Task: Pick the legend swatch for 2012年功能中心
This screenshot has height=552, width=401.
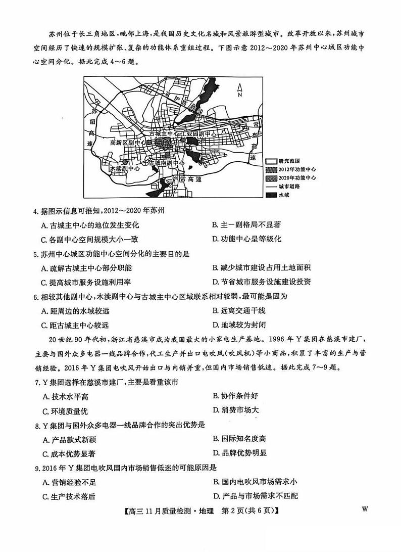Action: (x=272, y=169)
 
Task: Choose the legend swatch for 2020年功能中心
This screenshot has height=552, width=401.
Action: (x=272, y=178)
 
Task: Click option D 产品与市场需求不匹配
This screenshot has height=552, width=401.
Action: (x=255, y=496)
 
